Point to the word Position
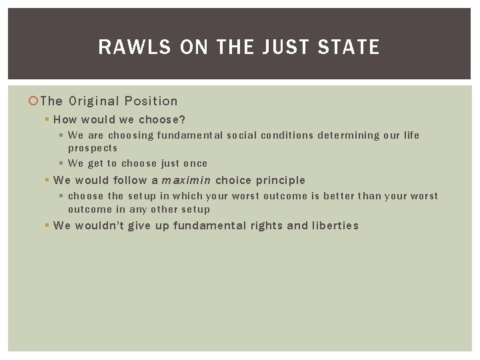point(153,101)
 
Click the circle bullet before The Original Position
point(35,101)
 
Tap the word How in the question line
point(65,120)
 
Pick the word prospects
point(93,148)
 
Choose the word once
point(195,163)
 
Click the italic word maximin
point(186,180)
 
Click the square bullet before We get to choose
point(62,163)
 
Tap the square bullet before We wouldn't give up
point(47,225)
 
